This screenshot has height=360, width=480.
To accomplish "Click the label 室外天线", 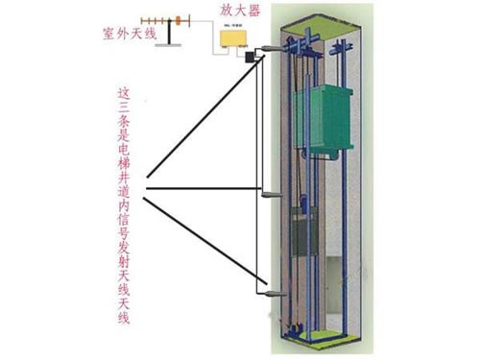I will click(125, 35).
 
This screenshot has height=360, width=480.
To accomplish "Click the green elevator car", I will click(327, 120).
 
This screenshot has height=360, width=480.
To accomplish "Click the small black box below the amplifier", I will click(250, 58).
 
